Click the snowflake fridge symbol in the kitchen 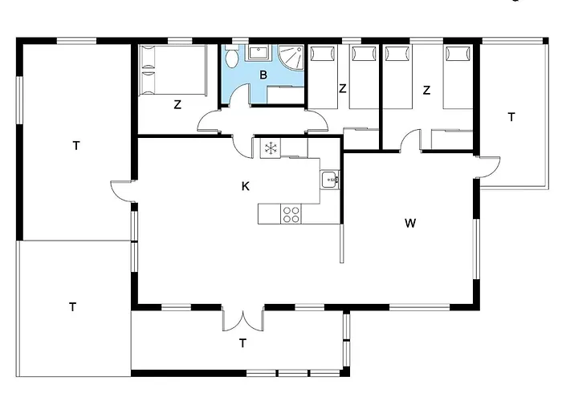click(271, 148)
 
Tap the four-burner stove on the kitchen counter click(291, 214)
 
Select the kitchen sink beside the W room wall click(328, 180)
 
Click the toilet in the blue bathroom click(231, 59)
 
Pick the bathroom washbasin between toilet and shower click(259, 53)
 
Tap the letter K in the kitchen click(246, 186)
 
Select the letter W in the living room click(410, 223)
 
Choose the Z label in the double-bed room click(177, 103)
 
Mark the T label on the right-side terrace click(511, 117)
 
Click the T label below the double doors click(242, 343)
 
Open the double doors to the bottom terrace click(242, 318)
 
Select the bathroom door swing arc click(237, 97)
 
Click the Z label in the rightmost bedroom click(426, 91)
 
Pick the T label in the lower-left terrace click(72, 306)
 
